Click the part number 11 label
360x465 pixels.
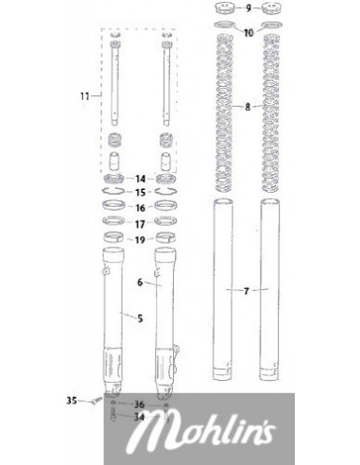coord(85,96)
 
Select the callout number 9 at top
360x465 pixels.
coord(249,9)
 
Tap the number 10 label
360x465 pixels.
coord(249,33)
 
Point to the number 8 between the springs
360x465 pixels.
coord(248,107)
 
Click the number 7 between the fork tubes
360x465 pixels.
coord(247,291)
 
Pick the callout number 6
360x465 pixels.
coord(140,283)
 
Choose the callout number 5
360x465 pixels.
coord(140,319)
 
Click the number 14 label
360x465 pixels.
coord(140,179)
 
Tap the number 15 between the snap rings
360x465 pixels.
coord(140,193)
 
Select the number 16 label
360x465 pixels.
coord(140,208)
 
